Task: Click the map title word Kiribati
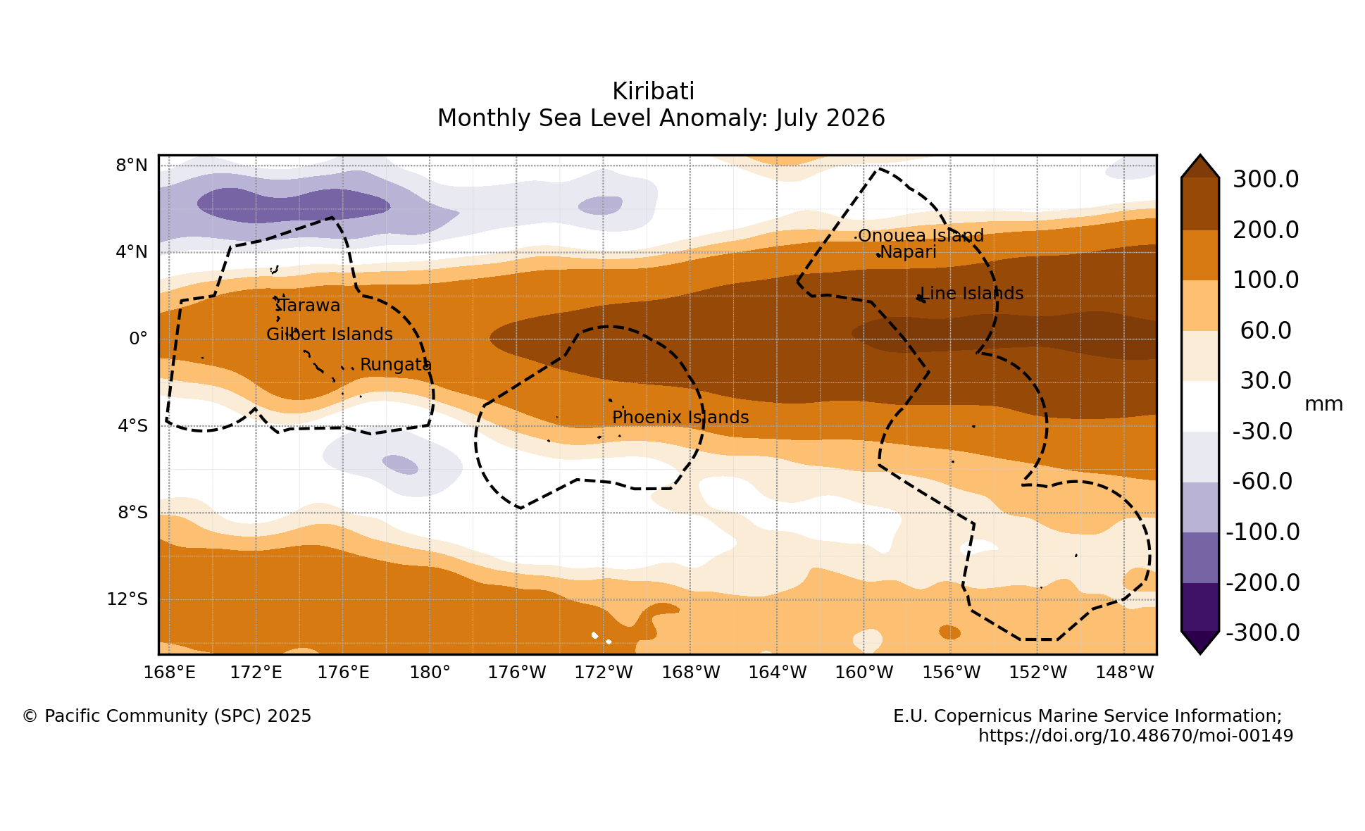point(653,92)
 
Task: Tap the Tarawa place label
point(308,306)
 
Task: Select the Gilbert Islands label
point(330,334)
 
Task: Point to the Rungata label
point(396,365)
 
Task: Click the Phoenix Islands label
point(680,417)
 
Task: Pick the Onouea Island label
point(921,235)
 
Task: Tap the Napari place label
point(908,252)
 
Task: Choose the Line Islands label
point(972,293)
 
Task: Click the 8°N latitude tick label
point(132,165)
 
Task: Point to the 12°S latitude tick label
point(127,599)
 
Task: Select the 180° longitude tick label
point(430,673)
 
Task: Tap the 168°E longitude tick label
point(169,673)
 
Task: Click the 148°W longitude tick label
point(1125,673)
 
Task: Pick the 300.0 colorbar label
point(1266,180)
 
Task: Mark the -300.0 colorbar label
point(1263,632)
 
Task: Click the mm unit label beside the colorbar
point(1323,404)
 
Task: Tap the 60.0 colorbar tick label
point(1266,330)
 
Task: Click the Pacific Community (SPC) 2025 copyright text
point(167,716)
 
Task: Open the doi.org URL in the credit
point(1135,736)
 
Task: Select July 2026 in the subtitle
point(830,118)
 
